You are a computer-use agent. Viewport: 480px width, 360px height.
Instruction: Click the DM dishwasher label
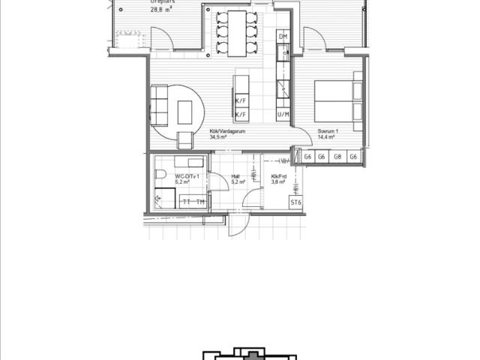[x=283, y=37]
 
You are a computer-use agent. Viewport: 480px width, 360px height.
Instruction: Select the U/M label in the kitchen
[x=283, y=114]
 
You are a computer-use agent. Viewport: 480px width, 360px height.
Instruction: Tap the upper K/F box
[x=241, y=100]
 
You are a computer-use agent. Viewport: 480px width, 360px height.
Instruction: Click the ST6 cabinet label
[x=295, y=202]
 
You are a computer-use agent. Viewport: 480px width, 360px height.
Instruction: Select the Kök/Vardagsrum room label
[x=227, y=131]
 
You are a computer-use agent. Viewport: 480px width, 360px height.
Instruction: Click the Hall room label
[x=235, y=176]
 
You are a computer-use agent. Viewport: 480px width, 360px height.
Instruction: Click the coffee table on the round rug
[x=184, y=113]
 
